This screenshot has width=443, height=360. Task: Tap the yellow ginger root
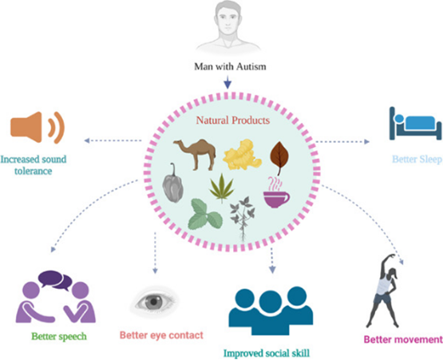coord(242,155)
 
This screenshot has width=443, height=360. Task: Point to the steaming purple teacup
coord(276,192)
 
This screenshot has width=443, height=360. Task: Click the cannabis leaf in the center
coord(222,188)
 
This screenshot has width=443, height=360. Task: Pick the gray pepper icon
coord(172,183)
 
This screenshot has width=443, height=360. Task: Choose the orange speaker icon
coord(38,128)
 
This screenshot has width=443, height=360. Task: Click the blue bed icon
coord(415,124)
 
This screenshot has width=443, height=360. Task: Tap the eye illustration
coord(154,302)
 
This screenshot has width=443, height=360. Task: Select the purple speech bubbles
coord(55,280)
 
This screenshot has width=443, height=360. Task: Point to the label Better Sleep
coord(417,160)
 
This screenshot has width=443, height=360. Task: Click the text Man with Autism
coord(230,67)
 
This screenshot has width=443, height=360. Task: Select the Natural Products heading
coord(233,121)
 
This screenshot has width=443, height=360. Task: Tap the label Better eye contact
coord(161,335)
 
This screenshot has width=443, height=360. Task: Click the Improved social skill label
coord(267,354)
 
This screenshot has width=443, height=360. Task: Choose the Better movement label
coord(403,339)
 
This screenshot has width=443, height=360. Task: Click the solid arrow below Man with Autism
coord(227,82)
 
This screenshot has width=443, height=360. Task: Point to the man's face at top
coord(228,20)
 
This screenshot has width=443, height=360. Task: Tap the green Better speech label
coord(59,336)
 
